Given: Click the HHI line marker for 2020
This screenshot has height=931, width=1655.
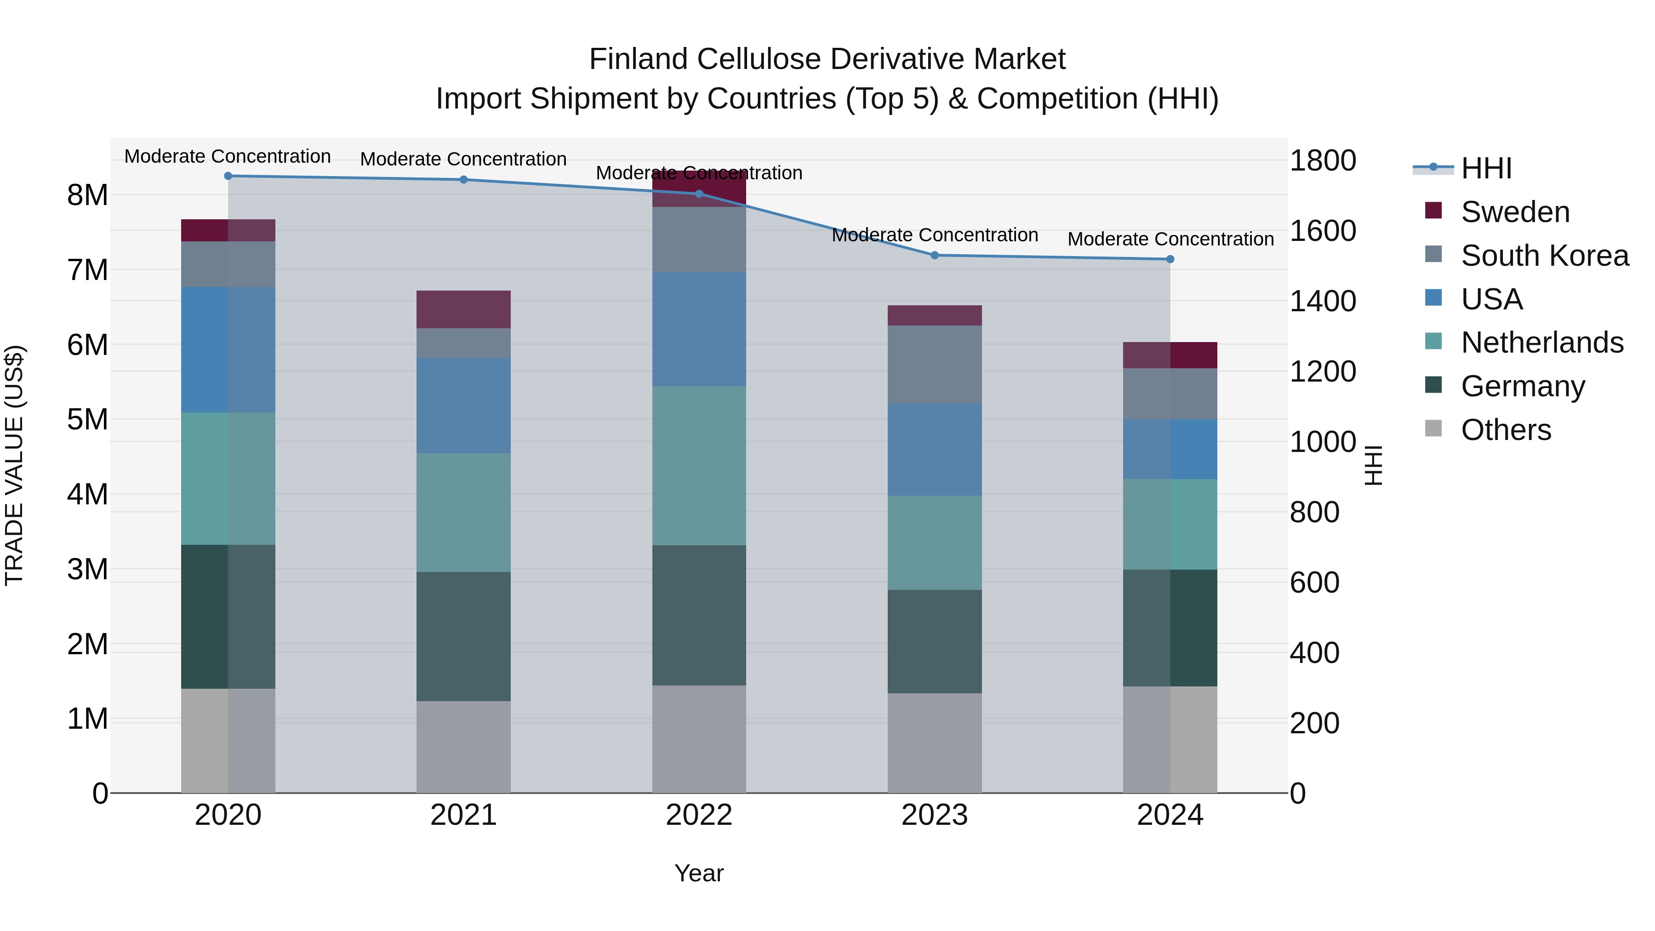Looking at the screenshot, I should click(228, 176).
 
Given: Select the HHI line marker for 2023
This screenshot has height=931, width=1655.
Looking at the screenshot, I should click(935, 255).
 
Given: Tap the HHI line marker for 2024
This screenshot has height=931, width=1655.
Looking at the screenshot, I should click(1170, 259).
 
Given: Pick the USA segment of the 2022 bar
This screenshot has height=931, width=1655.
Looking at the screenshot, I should click(699, 329).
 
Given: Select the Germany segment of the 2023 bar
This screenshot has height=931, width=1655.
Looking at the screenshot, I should click(935, 641).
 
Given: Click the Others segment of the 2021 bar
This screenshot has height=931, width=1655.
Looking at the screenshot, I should click(463, 747).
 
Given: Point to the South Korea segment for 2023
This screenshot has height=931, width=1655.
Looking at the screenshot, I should click(935, 364).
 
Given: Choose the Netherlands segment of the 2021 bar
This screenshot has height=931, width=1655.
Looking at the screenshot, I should click(463, 513).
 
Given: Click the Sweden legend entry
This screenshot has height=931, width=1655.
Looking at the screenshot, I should click(1515, 212).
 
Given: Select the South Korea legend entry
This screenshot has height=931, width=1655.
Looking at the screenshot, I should click(1545, 256).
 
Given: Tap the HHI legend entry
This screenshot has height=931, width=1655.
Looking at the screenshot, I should click(1486, 168).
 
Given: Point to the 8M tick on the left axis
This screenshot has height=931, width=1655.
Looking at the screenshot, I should click(87, 194).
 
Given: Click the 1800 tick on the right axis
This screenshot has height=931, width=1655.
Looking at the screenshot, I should click(1322, 160).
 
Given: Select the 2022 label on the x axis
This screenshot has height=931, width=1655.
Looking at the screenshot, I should click(699, 815).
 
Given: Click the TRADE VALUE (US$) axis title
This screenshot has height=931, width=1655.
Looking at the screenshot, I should click(15, 465).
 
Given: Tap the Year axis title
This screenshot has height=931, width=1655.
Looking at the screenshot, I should click(699, 873).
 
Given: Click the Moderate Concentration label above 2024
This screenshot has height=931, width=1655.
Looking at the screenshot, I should click(1170, 239).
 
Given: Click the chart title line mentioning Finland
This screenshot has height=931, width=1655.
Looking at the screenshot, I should click(827, 59).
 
